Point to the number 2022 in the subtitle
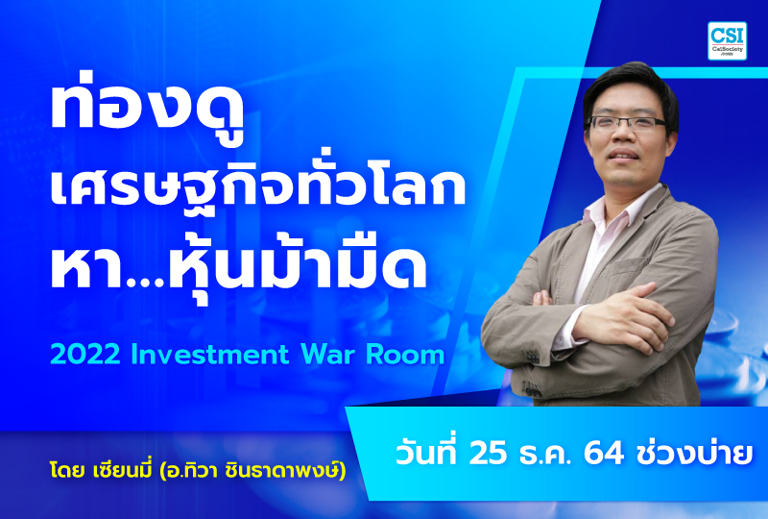click(x=84, y=354)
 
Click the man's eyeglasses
click(x=626, y=123)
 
